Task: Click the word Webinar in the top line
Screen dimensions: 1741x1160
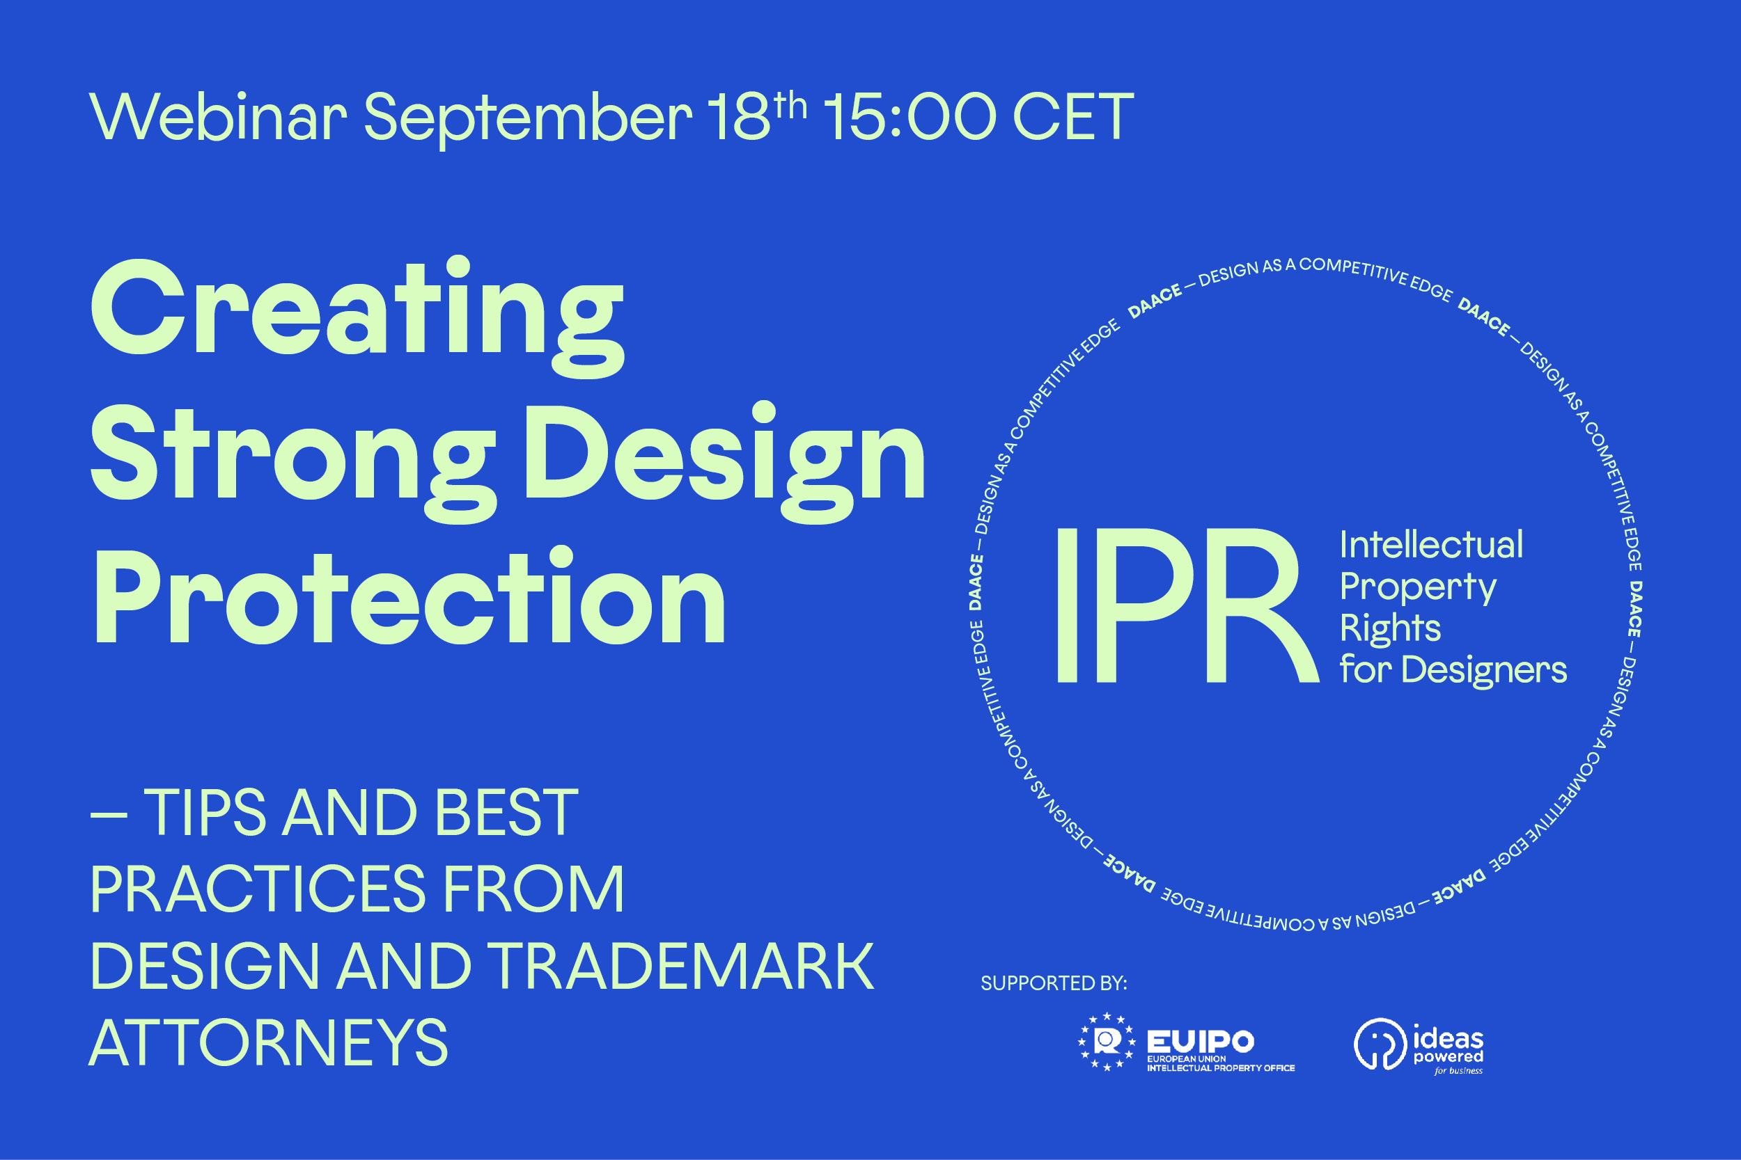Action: point(219,117)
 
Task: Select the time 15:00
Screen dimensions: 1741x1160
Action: point(906,117)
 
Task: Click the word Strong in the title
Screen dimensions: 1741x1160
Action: point(293,462)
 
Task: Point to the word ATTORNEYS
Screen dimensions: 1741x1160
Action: point(269,1041)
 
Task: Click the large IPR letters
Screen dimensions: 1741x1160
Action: point(1185,606)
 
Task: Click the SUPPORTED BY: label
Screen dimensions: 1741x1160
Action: point(1054,983)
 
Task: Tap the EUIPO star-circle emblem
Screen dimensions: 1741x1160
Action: point(1107,1042)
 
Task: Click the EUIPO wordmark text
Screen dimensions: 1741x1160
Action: point(1200,1042)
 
